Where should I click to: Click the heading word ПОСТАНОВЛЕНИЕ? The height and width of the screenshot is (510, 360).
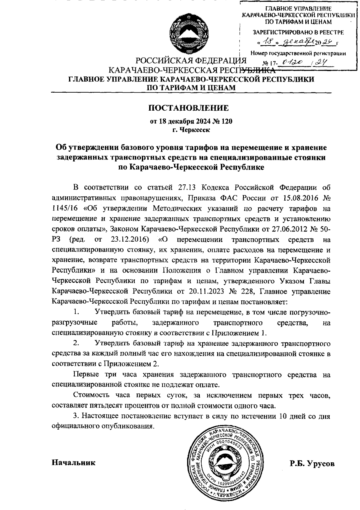pos(189,108)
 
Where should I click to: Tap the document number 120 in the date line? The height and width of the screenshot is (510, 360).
pos(226,122)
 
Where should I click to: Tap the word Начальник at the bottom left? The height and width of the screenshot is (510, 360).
pos(74,462)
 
